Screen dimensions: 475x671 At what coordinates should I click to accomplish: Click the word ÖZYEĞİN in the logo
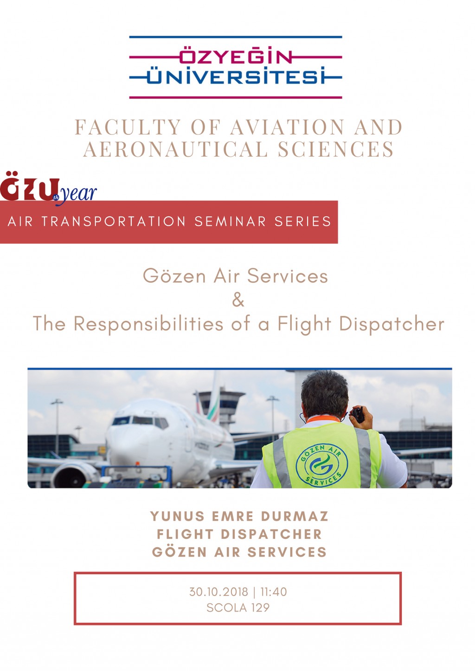pyautogui.click(x=235, y=55)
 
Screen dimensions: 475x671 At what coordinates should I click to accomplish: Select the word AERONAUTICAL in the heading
pyautogui.click(x=175, y=149)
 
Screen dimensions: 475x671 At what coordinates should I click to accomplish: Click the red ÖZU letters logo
pyautogui.click(x=30, y=186)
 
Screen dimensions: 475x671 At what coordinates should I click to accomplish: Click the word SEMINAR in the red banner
pyautogui.click(x=230, y=222)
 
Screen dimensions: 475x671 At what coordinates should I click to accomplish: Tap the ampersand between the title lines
pyautogui.click(x=238, y=300)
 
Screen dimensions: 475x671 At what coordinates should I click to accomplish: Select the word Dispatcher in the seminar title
pyautogui.click(x=392, y=324)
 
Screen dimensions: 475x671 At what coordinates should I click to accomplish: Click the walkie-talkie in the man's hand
pyautogui.click(x=358, y=414)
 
